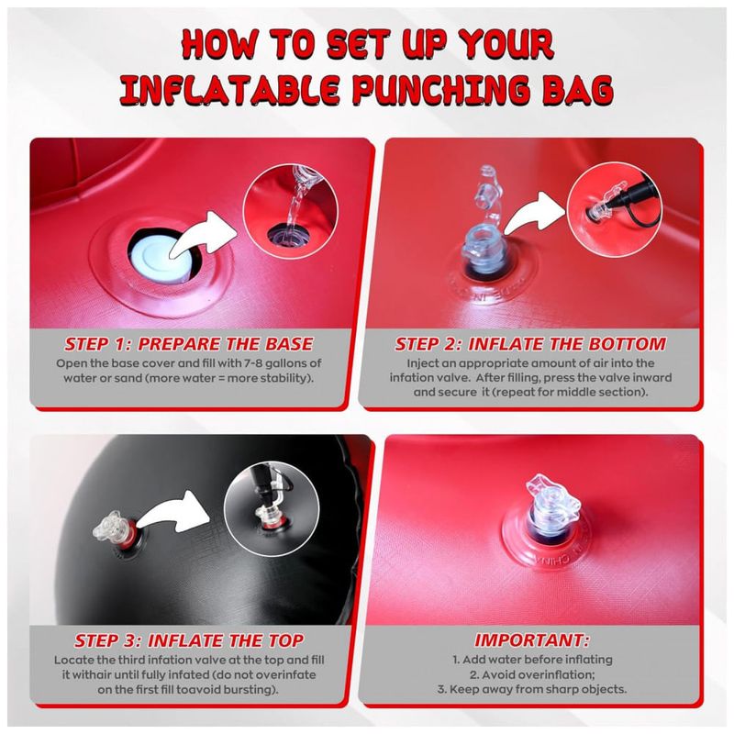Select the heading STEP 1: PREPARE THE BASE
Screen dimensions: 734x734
pyautogui.click(x=188, y=344)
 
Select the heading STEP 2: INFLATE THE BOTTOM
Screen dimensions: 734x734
pyautogui.click(x=530, y=344)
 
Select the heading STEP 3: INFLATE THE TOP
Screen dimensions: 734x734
pyautogui.click(x=189, y=640)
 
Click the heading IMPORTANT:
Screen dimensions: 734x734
pyautogui.click(x=532, y=640)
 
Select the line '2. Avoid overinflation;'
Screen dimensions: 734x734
pyautogui.click(x=532, y=674)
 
